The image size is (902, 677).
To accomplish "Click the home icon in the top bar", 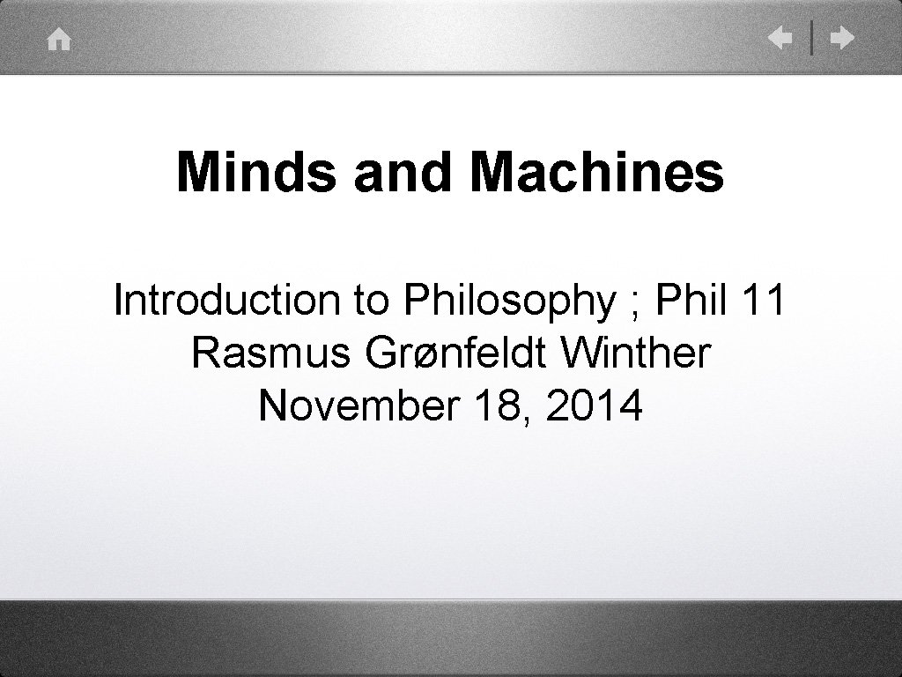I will point(59,41).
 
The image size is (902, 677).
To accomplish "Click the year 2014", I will point(595,405).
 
